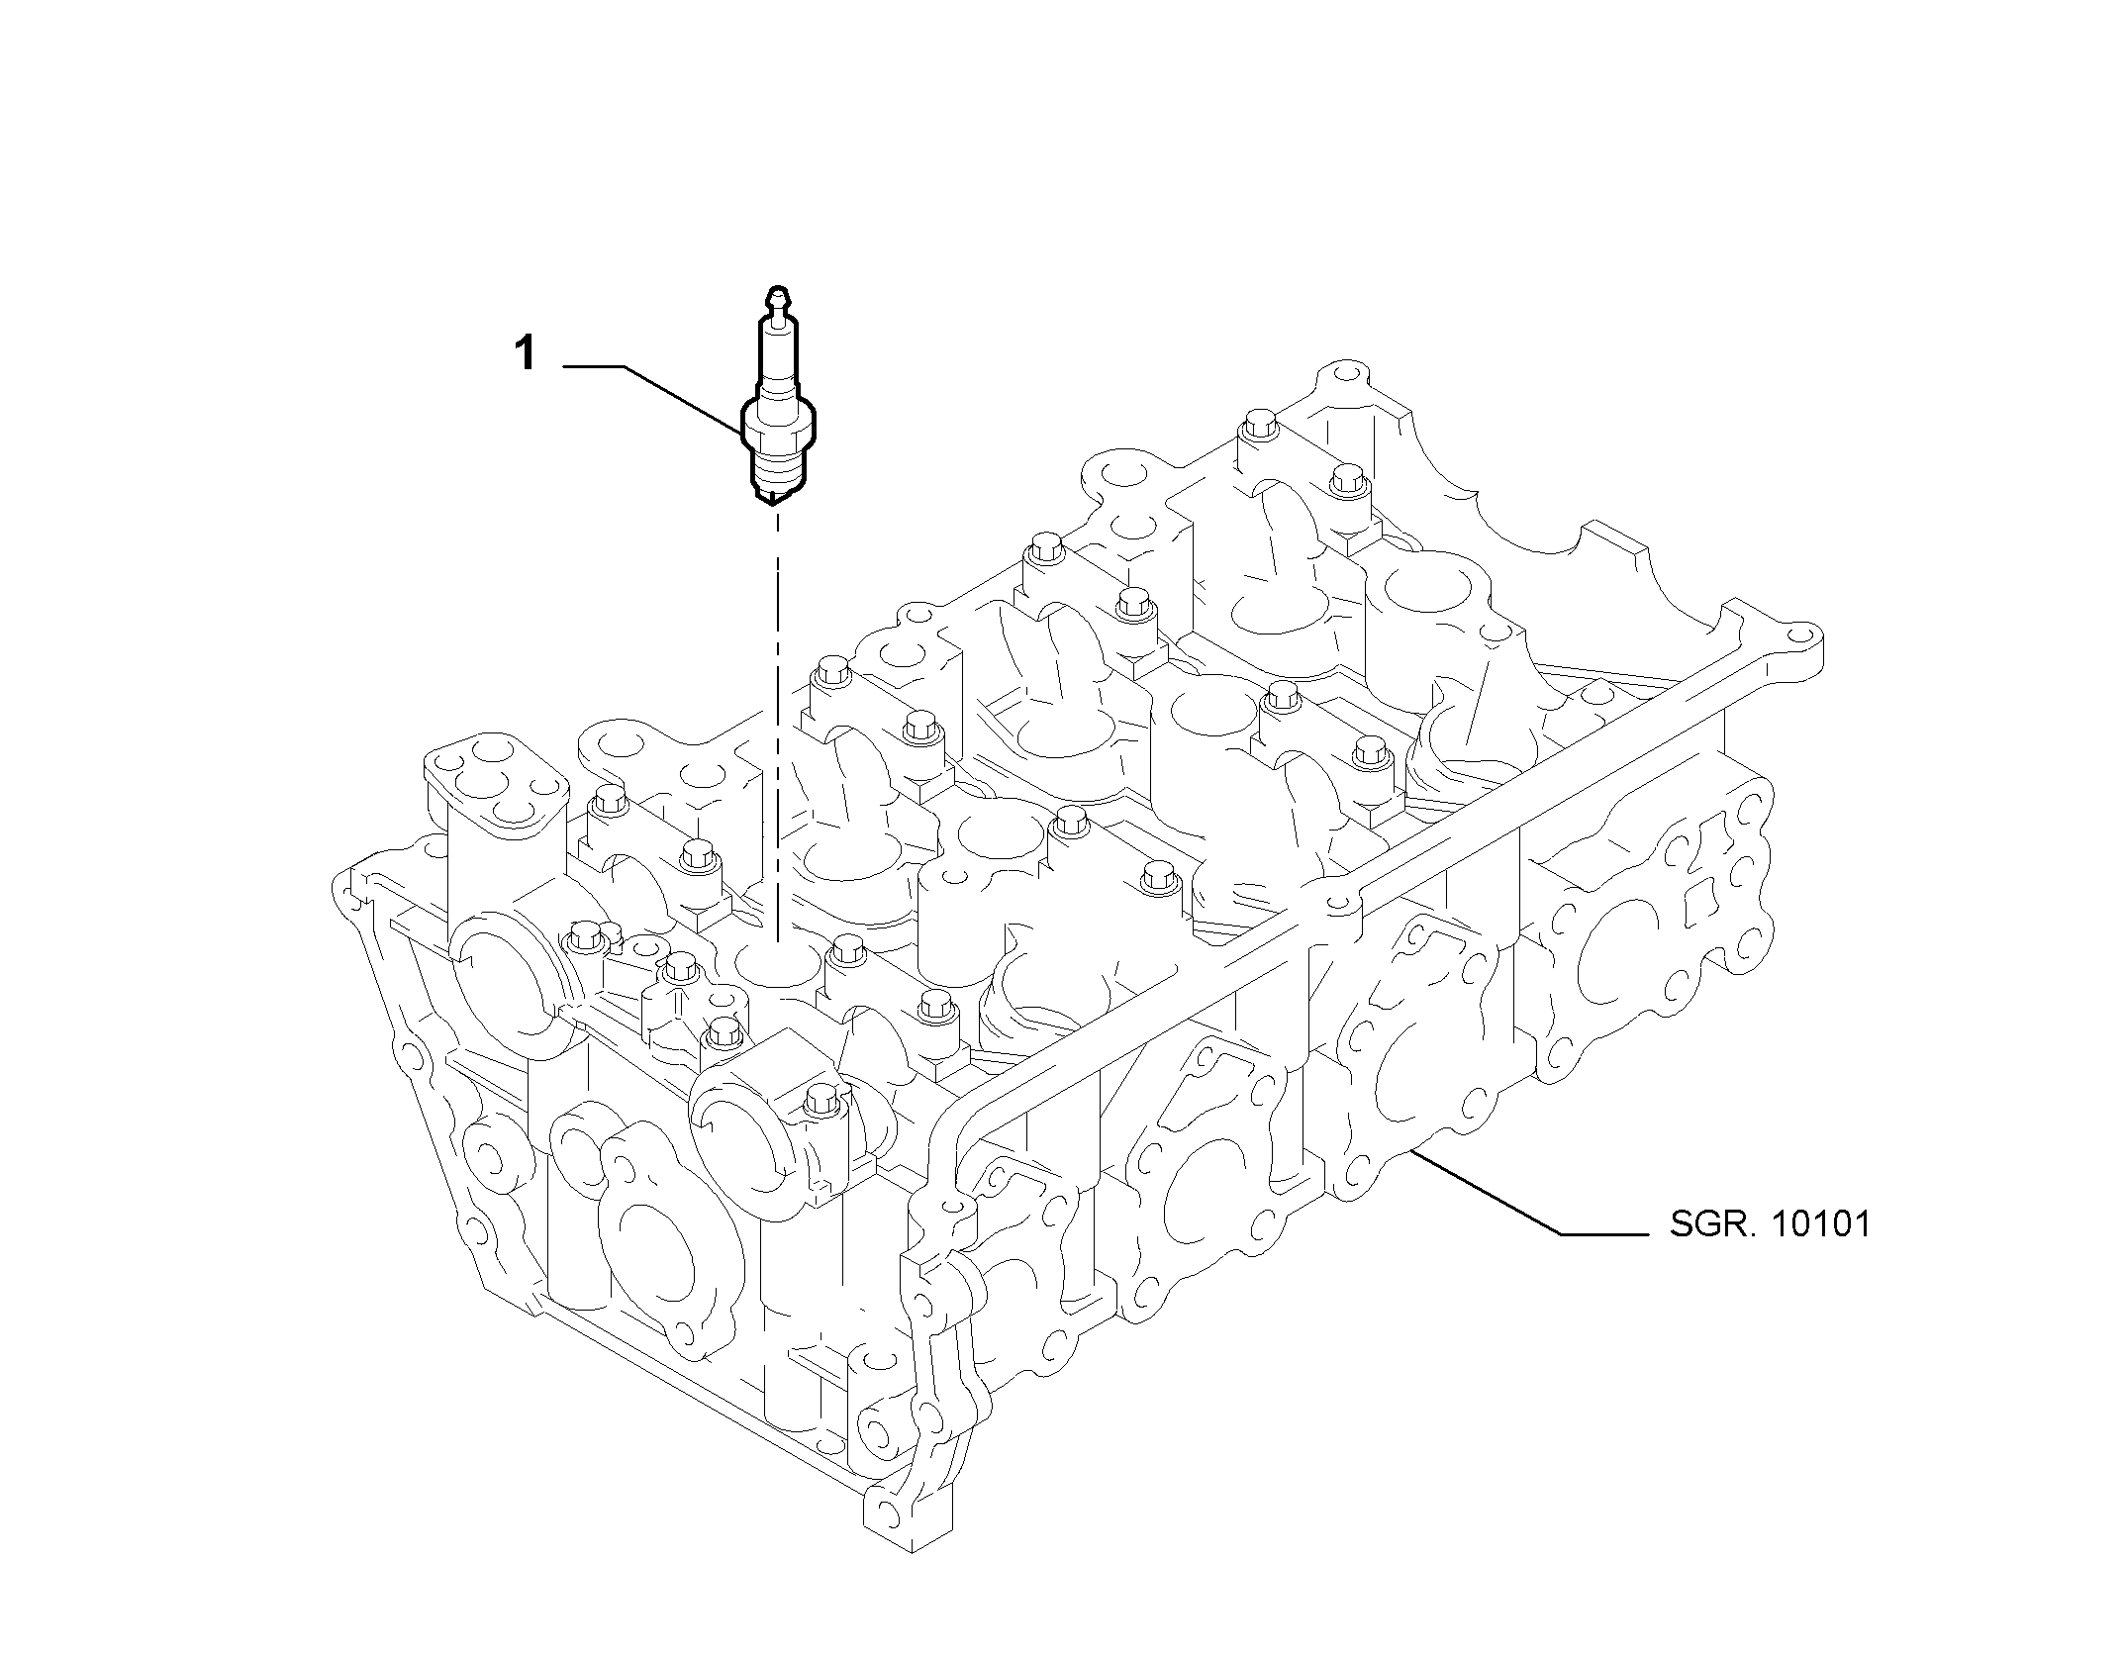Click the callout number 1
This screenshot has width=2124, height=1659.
click(x=526, y=353)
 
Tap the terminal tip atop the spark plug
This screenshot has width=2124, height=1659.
click(x=779, y=296)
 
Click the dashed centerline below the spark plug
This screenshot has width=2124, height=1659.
click(x=778, y=723)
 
